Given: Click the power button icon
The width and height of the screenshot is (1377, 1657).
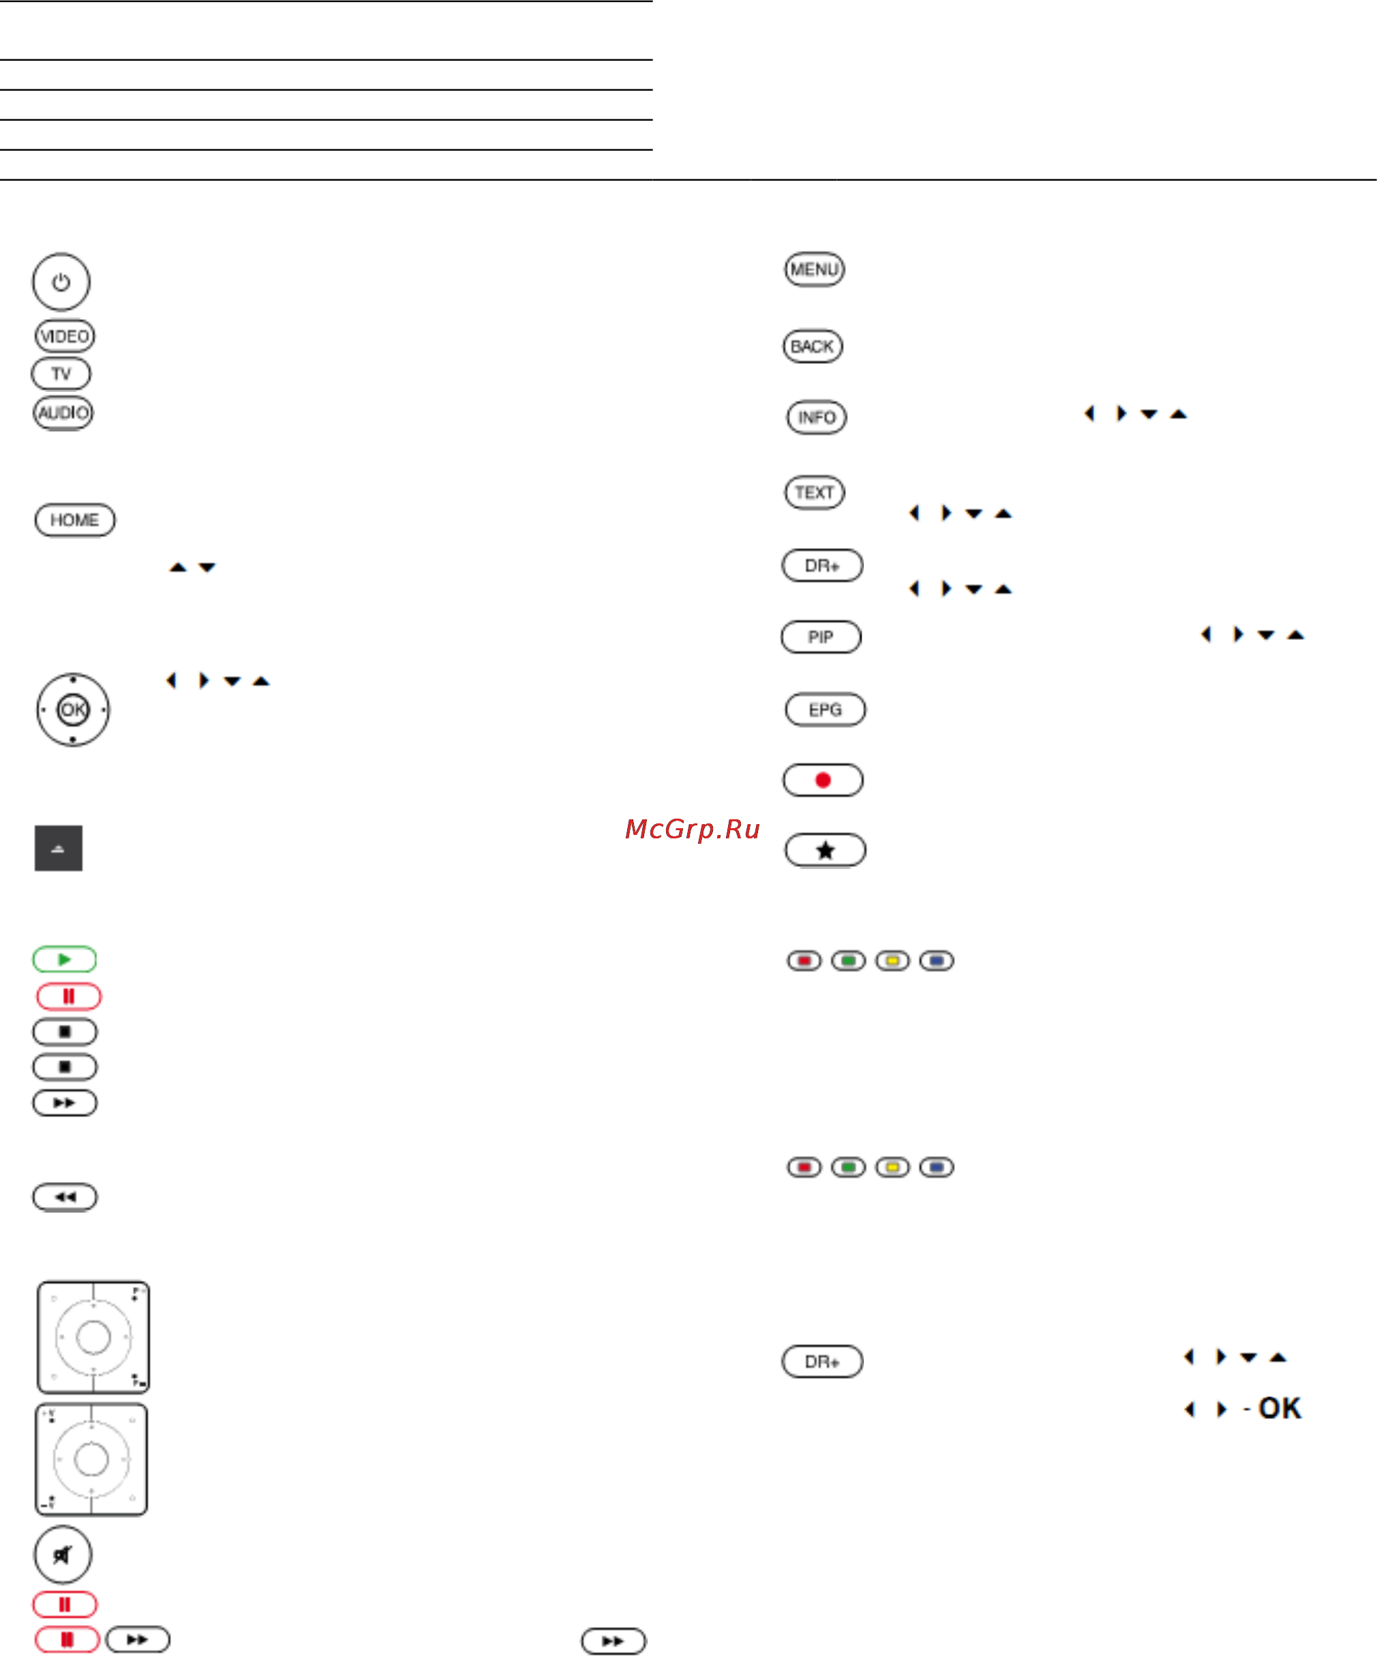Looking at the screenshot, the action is (61, 282).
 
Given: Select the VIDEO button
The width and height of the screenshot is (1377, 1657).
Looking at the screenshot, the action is (65, 336).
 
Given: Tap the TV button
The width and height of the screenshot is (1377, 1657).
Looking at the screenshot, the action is (61, 374).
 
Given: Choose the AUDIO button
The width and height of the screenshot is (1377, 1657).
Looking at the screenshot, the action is (63, 412).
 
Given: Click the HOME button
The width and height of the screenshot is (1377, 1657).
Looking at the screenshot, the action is (75, 520).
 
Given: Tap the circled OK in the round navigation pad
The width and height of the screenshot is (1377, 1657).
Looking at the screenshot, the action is (72, 710).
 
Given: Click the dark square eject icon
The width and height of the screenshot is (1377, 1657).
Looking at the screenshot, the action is (59, 848).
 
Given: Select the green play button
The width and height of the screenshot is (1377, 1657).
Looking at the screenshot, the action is (65, 960).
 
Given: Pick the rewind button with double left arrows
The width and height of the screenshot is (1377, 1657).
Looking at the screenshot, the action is (65, 1197).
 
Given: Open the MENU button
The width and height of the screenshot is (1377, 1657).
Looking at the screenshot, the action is (815, 270).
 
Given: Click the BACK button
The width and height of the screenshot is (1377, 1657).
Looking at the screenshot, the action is (813, 346).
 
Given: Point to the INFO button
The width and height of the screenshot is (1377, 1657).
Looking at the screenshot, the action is (817, 417).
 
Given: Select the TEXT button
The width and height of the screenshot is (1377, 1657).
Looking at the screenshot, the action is (815, 492).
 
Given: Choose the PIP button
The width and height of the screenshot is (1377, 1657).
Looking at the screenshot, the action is (821, 637).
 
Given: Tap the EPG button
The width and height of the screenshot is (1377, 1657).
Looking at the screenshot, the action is (826, 710).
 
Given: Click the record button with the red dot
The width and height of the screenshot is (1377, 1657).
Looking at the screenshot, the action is (823, 780).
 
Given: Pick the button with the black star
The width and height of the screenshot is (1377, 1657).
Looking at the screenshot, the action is (826, 850).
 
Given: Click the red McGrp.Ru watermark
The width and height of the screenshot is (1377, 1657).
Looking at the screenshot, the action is (692, 829).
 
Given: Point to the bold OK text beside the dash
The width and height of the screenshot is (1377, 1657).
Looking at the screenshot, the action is (1279, 1408).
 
